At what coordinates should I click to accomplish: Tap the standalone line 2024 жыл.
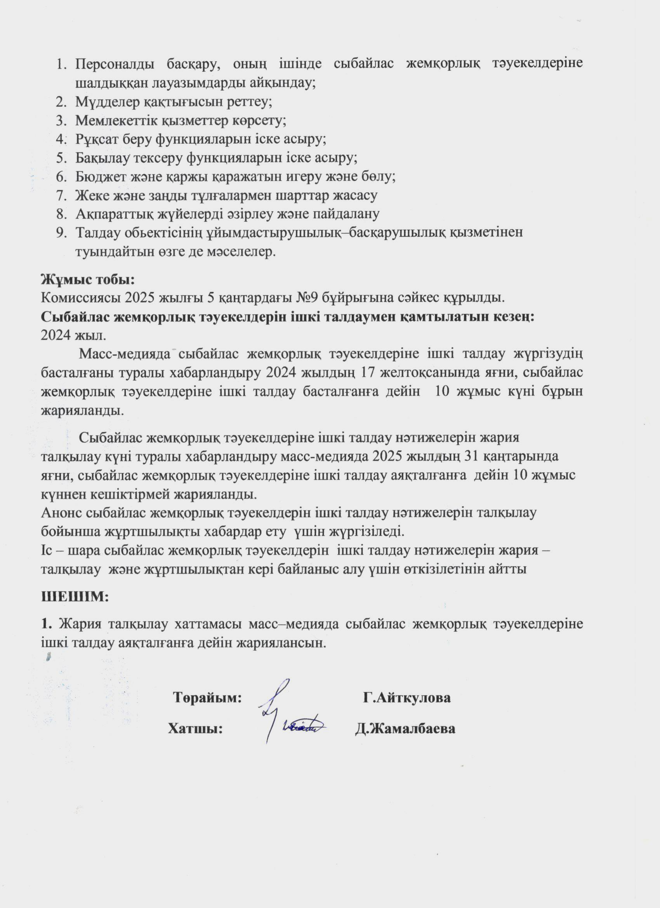(x=74, y=335)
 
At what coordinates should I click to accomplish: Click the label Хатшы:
(x=195, y=729)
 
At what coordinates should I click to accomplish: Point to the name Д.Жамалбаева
(x=405, y=729)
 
